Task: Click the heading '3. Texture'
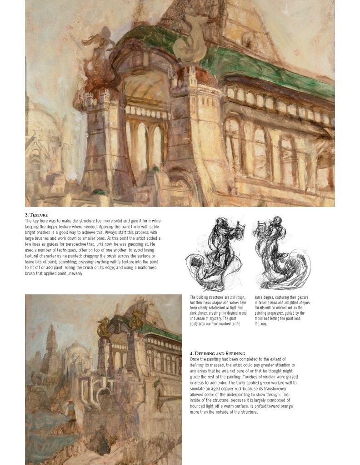36,215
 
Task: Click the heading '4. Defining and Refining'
217,353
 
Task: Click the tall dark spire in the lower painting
51,347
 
